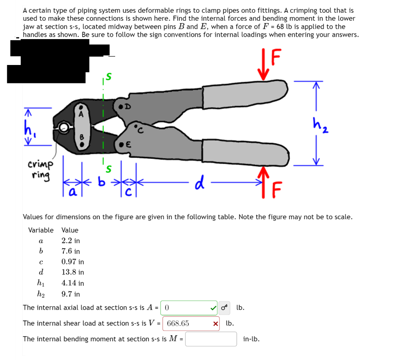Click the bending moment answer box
(211, 339)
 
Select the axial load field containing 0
(189, 308)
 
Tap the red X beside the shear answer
(216, 324)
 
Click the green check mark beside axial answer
(214, 308)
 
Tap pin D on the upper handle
(121, 107)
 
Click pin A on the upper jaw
(81, 108)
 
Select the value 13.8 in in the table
(73, 272)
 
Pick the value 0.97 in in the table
(73, 262)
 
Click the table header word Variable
(41, 230)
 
